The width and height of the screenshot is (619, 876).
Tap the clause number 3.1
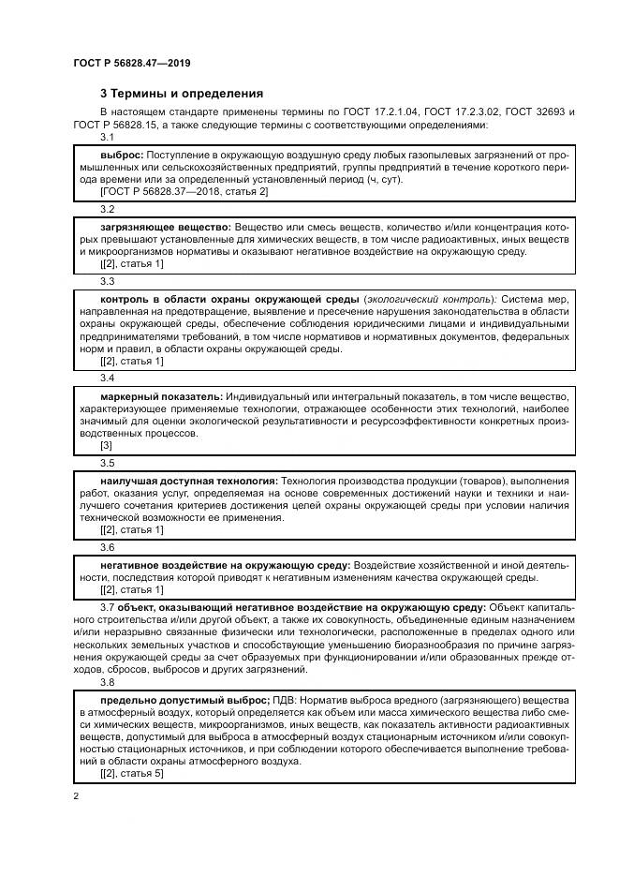[x=107, y=138]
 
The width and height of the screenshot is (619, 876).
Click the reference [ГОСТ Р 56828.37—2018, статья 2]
[x=184, y=192]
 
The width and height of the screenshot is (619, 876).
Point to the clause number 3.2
[x=107, y=209]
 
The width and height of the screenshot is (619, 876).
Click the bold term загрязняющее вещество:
[x=165, y=226]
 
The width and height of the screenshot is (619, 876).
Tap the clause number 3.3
[x=107, y=280]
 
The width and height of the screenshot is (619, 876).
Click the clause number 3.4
[x=107, y=378]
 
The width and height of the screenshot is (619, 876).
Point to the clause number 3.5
[x=107, y=463]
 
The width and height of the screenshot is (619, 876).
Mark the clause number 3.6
[x=107, y=546]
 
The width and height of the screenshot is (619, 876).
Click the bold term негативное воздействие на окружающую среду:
[x=225, y=565]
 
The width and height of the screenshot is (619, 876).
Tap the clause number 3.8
[x=107, y=684]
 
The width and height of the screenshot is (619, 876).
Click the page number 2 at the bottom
[x=75, y=796]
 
